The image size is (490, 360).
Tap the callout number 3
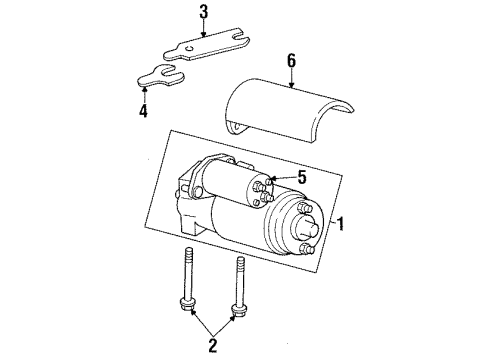point(204,12)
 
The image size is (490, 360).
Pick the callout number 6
point(291,61)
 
